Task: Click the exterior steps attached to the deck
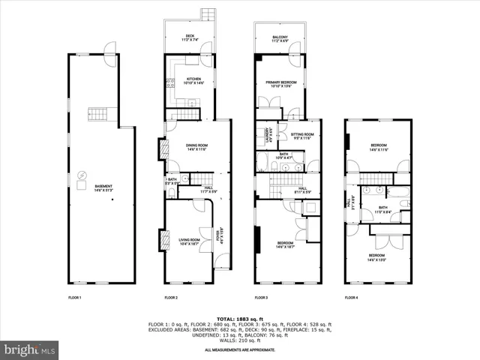pyautogui.click(x=208, y=15)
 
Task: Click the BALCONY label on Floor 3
pyautogui.click(x=280, y=37)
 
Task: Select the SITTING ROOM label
pyautogui.click(x=302, y=136)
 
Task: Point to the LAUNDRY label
pyautogui.click(x=268, y=136)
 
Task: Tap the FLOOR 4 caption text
pyautogui.click(x=351, y=298)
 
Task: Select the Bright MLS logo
pyautogui.click(x=30, y=349)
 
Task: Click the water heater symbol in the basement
pyautogui.click(x=82, y=178)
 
